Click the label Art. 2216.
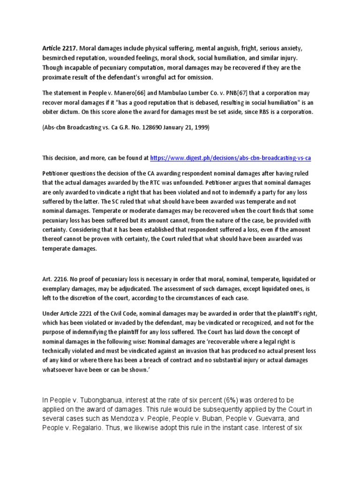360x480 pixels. [x=52, y=279]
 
